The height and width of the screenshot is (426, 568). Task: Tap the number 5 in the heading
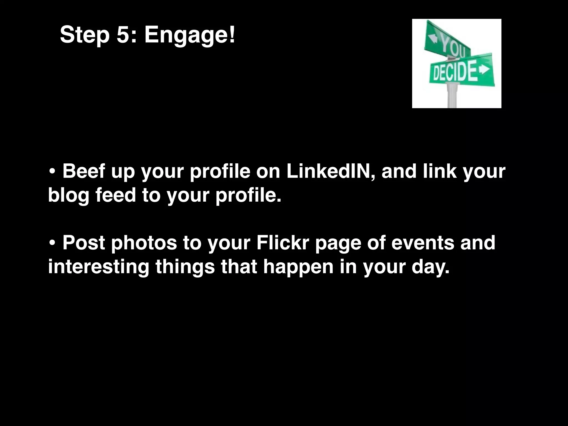(x=124, y=35)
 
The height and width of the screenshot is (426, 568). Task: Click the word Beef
(x=83, y=171)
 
